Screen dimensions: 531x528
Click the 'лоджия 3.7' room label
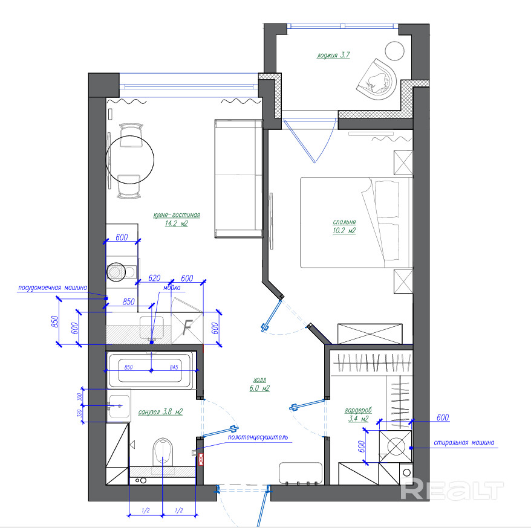tap(333, 55)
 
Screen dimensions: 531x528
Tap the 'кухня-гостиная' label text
tap(177, 215)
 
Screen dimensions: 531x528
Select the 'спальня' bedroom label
tap(344, 222)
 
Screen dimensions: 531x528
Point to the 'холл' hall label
tap(259, 380)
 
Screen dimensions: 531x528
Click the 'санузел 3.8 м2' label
tap(160, 411)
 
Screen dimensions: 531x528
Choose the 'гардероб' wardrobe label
tap(358, 410)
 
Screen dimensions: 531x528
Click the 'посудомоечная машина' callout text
tap(52, 288)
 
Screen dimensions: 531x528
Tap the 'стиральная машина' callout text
tap(464, 442)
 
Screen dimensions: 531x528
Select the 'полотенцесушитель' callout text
tap(258, 437)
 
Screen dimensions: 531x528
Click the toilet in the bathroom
tap(163, 452)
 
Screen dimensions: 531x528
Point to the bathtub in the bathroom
tap(151, 370)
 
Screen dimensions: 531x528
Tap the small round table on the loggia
tap(394, 51)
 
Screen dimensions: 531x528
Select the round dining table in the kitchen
tap(130, 159)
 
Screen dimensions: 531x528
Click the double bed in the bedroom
tap(357, 222)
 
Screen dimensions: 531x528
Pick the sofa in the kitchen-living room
tap(239, 178)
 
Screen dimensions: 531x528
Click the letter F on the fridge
tap(187, 327)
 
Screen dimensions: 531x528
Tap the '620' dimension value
tap(154, 278)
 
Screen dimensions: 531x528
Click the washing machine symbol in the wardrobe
tap(396, 446)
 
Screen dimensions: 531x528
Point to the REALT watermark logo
tap(452, 490)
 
